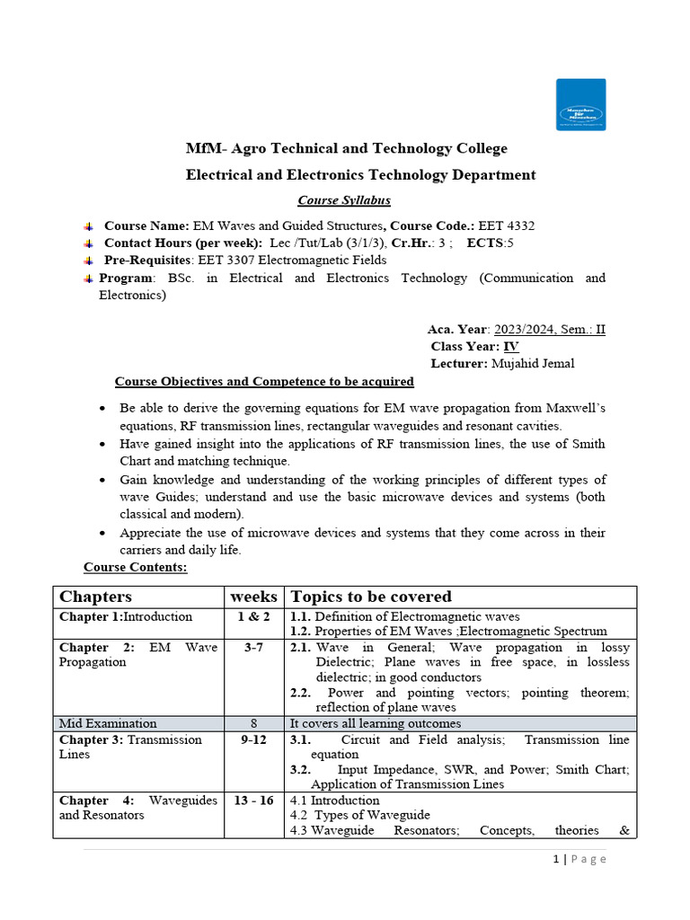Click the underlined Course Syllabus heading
tap(345, 200)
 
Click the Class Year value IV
tap(510, 346)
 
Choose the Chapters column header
tap(95, 597)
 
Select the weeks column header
tap(253, 597)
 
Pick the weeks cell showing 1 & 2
tap(253, 617)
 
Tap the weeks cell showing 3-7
tap(253, 648)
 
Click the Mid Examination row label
tap(108, 723)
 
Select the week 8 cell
tap(253, 723)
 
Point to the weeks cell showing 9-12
tap(253, 740)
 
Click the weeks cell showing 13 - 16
tap(253, 801)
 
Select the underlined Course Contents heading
tap(135, 568)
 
